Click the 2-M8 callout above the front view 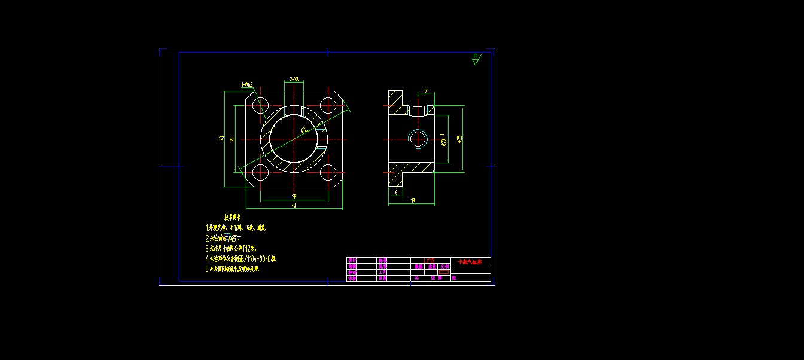(x=294, y=79)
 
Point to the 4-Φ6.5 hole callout (x=247, y=85)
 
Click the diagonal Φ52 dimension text (x=303, y=130)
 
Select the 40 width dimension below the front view (x=293, y=205)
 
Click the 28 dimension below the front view (x=294, y=196)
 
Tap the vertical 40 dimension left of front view (x=221, y=139)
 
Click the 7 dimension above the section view (x=425, y=91)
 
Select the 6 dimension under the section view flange (x=395, y=193)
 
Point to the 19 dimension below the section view (x=413, y=200)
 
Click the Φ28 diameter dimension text (x=459, y=139)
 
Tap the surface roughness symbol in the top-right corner (x=476, y=59)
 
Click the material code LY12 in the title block (x=428, y=261)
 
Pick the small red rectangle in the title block (x=443, y=271)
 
